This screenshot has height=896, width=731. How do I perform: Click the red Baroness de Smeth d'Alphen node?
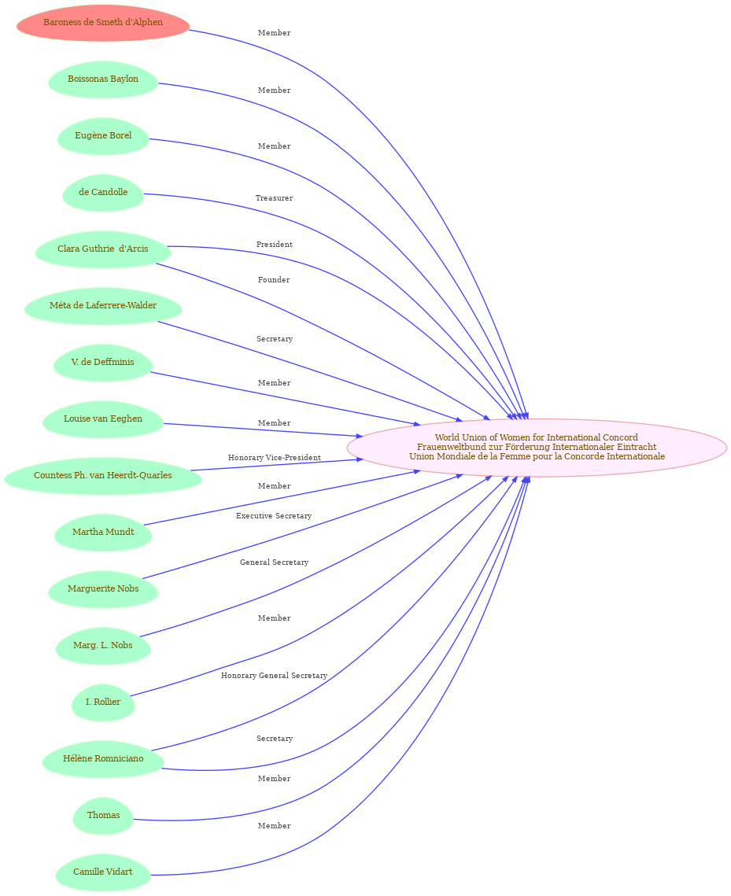(x=103, y=23)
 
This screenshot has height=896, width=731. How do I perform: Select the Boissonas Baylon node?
(x=103, y=79)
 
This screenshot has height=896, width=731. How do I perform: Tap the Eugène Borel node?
(x=103, y=136)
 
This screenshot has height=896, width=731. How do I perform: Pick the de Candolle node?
(x=103, y=193)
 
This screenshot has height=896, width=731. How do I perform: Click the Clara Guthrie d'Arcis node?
(x=103, y=249)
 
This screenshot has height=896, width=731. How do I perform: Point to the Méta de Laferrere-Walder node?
(x=103, y=306)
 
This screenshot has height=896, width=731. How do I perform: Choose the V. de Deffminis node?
(x=103, y=363)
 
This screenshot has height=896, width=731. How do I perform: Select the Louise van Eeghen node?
(x=103, y=419)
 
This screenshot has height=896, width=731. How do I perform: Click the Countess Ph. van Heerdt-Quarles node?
(x=103, y=475)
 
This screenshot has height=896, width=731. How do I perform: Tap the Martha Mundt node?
(x=103, y=532)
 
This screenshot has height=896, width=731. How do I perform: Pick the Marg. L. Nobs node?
(x=103, y=645)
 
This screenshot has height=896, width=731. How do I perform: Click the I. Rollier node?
(x=103, y=702)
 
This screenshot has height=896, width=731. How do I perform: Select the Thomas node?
(x=103, y=815)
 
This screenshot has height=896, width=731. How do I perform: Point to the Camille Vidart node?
(x=103, y=872)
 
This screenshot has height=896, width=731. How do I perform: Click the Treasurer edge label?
(x=275, y=198)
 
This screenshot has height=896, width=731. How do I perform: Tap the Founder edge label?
(x=274, y=280)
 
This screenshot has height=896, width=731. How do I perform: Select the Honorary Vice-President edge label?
(x=275, y=458)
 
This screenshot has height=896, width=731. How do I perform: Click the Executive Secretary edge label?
(x=274, y=516)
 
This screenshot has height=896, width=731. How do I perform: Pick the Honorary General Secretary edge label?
(x=275, y=676)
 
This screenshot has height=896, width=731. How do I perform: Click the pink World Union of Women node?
(x=537, y=448)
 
